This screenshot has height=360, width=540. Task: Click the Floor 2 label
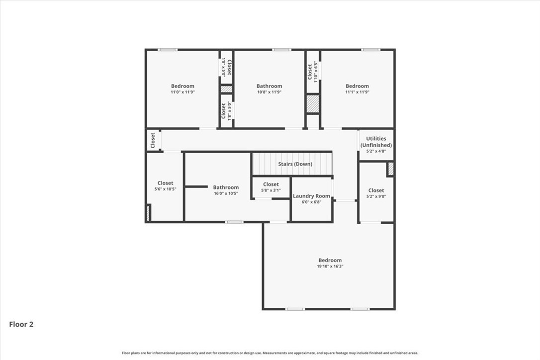[x=21, y=324]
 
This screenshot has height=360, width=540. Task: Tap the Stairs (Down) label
[x=295, y=164]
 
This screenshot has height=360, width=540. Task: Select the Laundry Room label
[x=311, y=196]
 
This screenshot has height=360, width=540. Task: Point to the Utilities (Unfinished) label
[x=376, y=142]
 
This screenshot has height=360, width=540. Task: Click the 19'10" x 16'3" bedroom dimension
[x=330, y=266]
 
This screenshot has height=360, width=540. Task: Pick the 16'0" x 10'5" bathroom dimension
[x=226, y=193]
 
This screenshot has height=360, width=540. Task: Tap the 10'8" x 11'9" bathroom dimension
[x=270, y=92]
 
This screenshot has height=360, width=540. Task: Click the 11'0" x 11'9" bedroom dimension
[x=182, y=92]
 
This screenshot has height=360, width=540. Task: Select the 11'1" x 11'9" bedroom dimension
[x=357, y=92]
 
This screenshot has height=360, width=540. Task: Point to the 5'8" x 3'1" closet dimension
[x=270, y=190]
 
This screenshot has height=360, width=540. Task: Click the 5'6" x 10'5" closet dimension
[x=165, y=189]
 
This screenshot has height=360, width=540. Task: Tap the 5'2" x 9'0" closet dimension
[x=376, y=196]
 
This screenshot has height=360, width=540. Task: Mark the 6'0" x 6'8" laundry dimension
[x=311, y=202]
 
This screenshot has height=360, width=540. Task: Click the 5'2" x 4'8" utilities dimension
[x=376, y=151]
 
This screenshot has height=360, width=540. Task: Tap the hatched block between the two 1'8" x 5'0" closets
[x=226, y=89]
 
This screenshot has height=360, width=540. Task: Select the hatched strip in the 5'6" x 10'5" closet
[x=148, y=213]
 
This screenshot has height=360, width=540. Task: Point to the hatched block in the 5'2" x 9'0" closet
[x=390, y=169]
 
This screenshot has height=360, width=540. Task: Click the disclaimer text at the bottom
[x=270, y=353]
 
